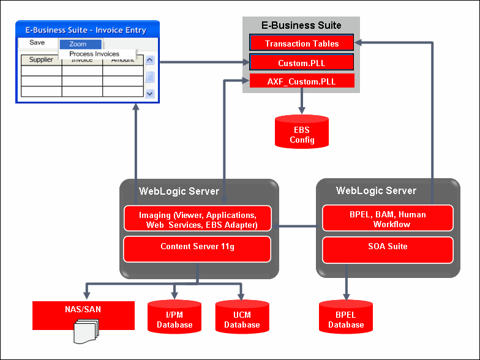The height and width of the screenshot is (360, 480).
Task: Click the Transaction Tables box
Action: coord(302,43)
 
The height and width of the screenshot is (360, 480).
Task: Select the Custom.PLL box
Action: coord(302,62)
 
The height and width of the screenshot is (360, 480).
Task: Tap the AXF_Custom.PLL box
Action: coord(302,81)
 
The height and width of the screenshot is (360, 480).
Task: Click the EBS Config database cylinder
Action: coord(302,131)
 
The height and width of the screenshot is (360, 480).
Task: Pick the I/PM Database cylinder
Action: coord(174,317)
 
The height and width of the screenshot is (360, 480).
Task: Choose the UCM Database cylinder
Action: coord(242,317)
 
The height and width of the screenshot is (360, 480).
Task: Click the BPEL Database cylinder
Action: coord(346,317)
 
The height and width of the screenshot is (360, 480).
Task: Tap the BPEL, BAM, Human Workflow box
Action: coord(387,219)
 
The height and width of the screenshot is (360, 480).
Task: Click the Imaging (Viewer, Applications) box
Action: coord(197,219)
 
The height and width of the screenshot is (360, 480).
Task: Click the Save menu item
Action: coord(37,43)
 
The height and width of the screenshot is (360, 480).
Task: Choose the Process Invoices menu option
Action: coord(94,54)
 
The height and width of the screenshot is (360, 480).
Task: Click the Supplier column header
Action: coord(41,60)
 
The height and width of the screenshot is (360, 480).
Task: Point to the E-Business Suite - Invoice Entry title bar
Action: coord(86,30)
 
